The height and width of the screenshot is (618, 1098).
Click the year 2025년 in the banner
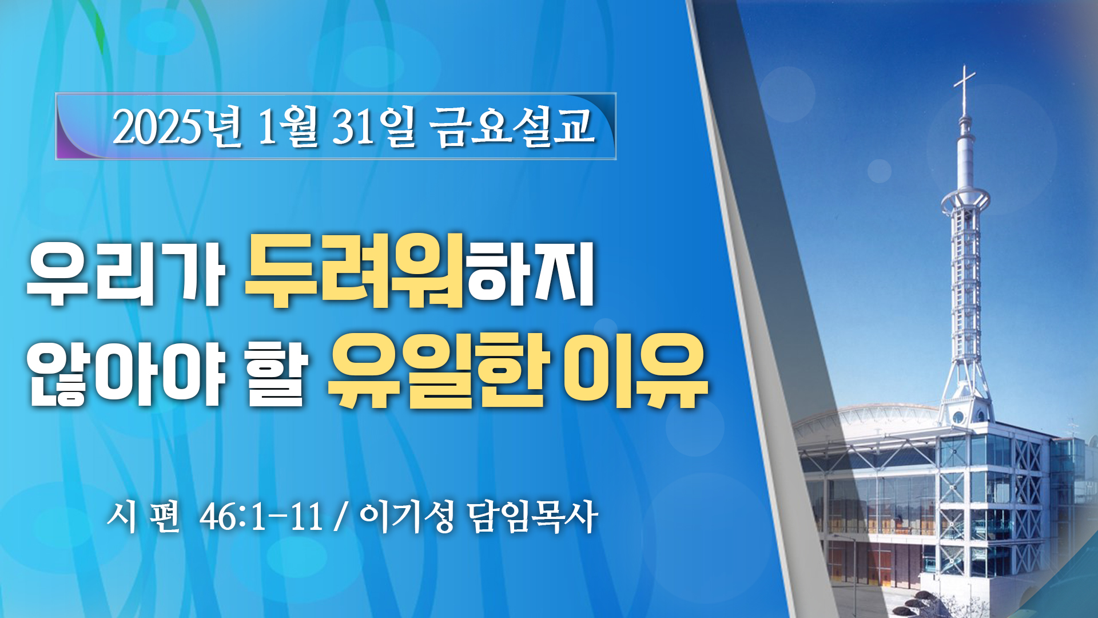click(x=178, y=126)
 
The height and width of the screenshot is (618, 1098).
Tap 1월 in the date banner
click(x=288, y=126)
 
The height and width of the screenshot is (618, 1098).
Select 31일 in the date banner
click(x=373, y=126)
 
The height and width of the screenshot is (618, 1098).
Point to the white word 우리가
click(x=125, y=274)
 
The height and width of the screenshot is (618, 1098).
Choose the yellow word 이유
click(x=635, y=371)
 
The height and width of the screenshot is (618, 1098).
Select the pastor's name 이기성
click(x=407, y=516)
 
